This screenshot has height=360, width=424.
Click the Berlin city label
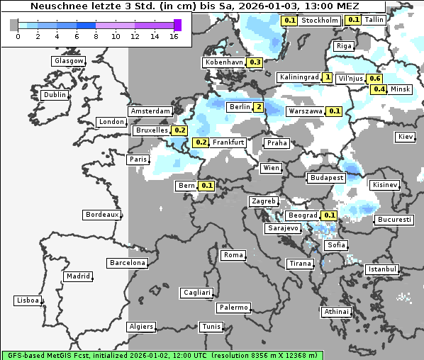[239, 107]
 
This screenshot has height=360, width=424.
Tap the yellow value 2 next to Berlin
[259, 107]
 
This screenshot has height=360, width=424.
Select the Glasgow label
[68, 61]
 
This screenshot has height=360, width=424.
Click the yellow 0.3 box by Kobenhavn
[255, 62]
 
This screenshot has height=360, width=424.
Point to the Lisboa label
[27, 300]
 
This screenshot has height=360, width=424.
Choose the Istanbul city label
[382, 269]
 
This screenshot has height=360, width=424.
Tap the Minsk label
[401, 89]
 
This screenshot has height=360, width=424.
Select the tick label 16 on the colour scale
[174, 36]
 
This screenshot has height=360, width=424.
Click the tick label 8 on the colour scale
[96, 36]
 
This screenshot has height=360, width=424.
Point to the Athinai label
[336, 312]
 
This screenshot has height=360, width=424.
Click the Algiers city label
[140, 327]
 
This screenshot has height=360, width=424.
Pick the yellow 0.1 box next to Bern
[207, 186]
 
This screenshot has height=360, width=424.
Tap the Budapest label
[326, 177]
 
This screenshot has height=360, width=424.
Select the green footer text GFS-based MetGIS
[43, 354]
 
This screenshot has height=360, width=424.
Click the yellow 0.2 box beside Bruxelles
[179, 130]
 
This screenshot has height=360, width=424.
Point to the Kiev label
[406, 136]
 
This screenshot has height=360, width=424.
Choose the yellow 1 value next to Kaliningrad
[327, 77]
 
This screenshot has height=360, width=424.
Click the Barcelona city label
[128, 263]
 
